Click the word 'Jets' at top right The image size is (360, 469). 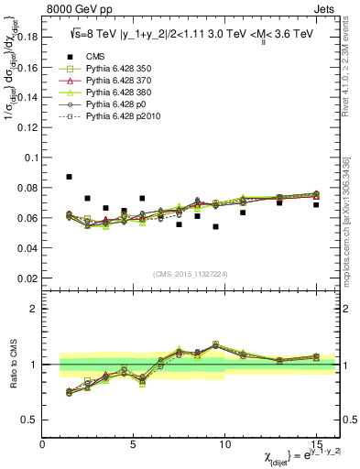pos(325,11)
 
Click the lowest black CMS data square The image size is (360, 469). pos(215,226)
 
